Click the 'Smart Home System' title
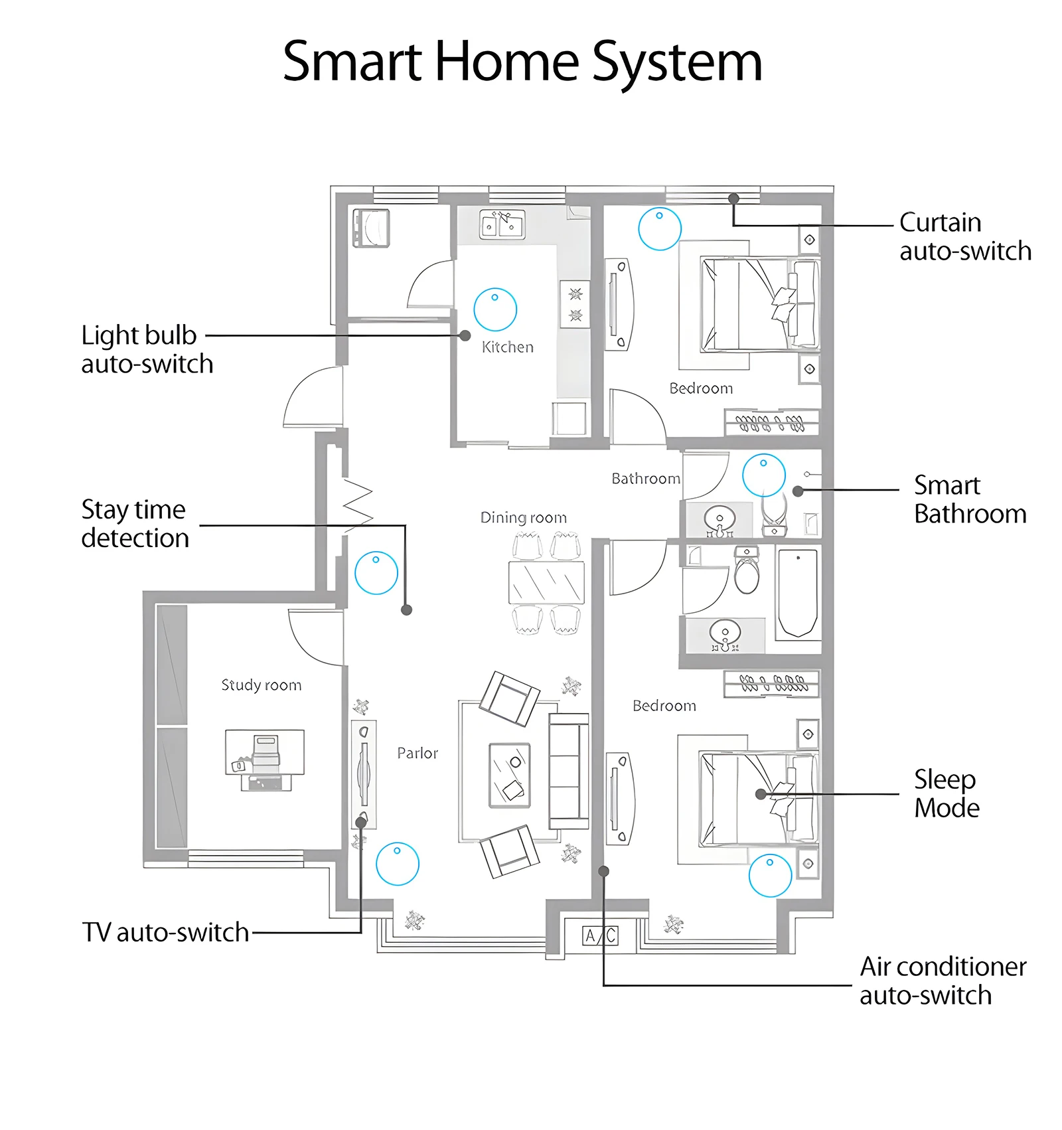point(522,62)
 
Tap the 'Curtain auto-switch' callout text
point(964,236)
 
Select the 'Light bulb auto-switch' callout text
point(146,349)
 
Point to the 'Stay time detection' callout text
point(135,524)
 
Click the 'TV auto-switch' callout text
point(165,932)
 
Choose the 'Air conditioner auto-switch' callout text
point(943,981)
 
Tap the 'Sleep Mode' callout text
point(946,793)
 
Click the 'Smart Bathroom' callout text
point(969,499)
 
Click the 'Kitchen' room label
point(507,347)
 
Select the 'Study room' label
point(261,685)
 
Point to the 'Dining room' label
point(523,518)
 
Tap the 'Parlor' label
point(417,753)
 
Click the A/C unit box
point(600,935)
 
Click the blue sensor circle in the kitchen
point(495,309)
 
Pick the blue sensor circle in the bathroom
point(763,475)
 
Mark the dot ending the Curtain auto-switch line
point(733,199)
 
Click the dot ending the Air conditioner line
point(603,871)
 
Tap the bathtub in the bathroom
point(797,592)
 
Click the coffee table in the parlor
point(509,775)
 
